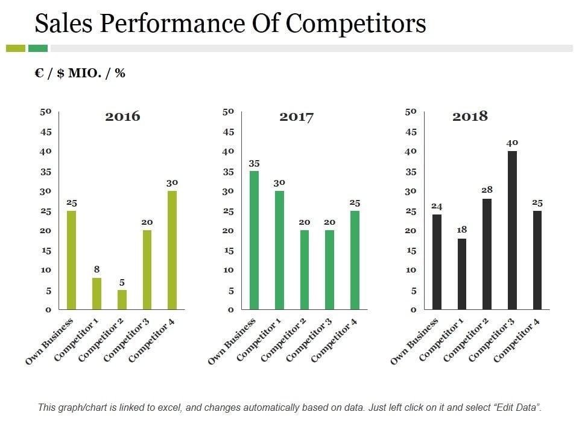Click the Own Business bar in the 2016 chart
[72, 260]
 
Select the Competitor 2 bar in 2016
[122, 300]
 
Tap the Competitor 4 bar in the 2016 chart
[172, 250]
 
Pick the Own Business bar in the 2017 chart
[254, 240]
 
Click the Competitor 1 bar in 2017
[279, 250]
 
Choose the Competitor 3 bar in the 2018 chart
[512, 230]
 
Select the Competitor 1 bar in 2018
[461, 274]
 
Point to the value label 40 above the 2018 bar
[512, 143]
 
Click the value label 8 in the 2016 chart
[96, 269]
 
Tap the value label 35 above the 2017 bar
[254, 163]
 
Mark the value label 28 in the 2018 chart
[487, 190]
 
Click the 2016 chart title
[122, 117]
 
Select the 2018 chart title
[470, 117]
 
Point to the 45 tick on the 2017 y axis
[228, 132]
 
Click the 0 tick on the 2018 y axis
[413, 310]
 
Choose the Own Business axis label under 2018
[414, 342]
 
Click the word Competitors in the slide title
[356, 24]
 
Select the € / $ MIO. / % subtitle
[80, 73]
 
